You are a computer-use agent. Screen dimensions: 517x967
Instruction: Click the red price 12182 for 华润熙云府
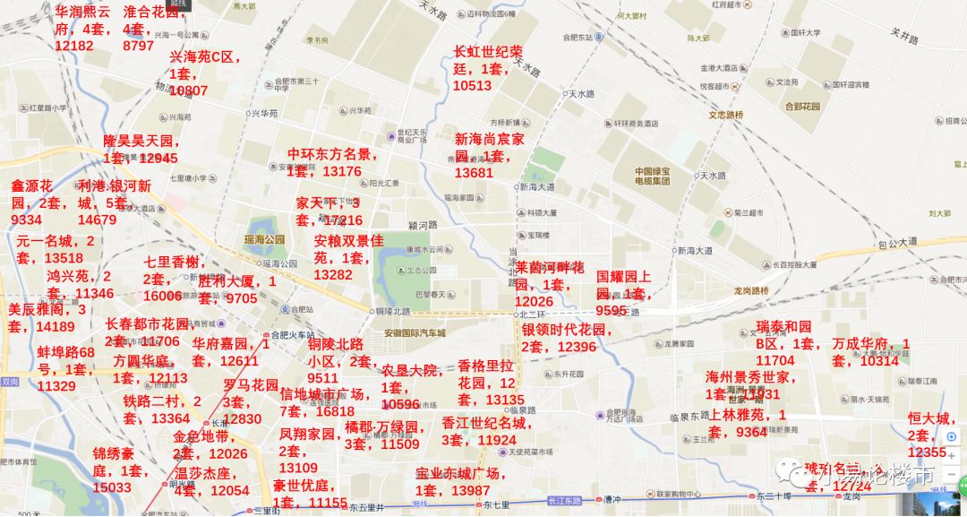click(x=74, y=46)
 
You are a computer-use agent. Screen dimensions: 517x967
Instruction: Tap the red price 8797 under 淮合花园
click(x=138, y=46)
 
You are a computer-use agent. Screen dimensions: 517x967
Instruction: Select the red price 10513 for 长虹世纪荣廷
click(x=473, y=86)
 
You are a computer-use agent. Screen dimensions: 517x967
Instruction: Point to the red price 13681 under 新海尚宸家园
click(x=474, y=173)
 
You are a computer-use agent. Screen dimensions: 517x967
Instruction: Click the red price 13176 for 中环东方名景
click(x=342, y=171)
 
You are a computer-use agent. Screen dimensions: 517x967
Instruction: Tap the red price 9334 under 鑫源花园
click(x=27, y=220)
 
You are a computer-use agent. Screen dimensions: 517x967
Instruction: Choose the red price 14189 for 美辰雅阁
click(x=56, y=326)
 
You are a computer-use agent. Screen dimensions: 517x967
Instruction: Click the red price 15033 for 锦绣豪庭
click(x=112, y=487)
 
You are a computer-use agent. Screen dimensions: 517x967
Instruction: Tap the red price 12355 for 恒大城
click(x=928, y=452)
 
